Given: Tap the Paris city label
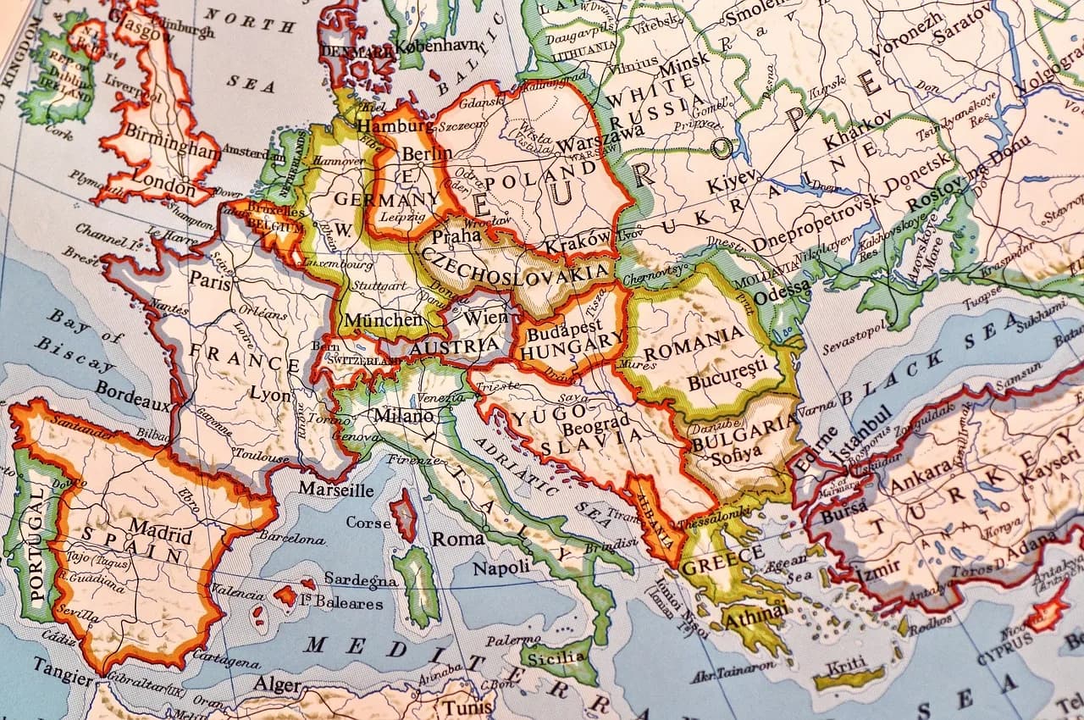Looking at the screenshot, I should pyautogui.click(x=210, y=281).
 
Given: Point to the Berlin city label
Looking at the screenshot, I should pyautogui.click(x=427, y=153).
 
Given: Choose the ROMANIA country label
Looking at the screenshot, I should pyautogui.click(x=694, y=335).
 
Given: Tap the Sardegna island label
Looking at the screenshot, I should pyautogui.click(x=361, y=580).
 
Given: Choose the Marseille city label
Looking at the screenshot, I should pyautogui.click(x=336, y=489).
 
